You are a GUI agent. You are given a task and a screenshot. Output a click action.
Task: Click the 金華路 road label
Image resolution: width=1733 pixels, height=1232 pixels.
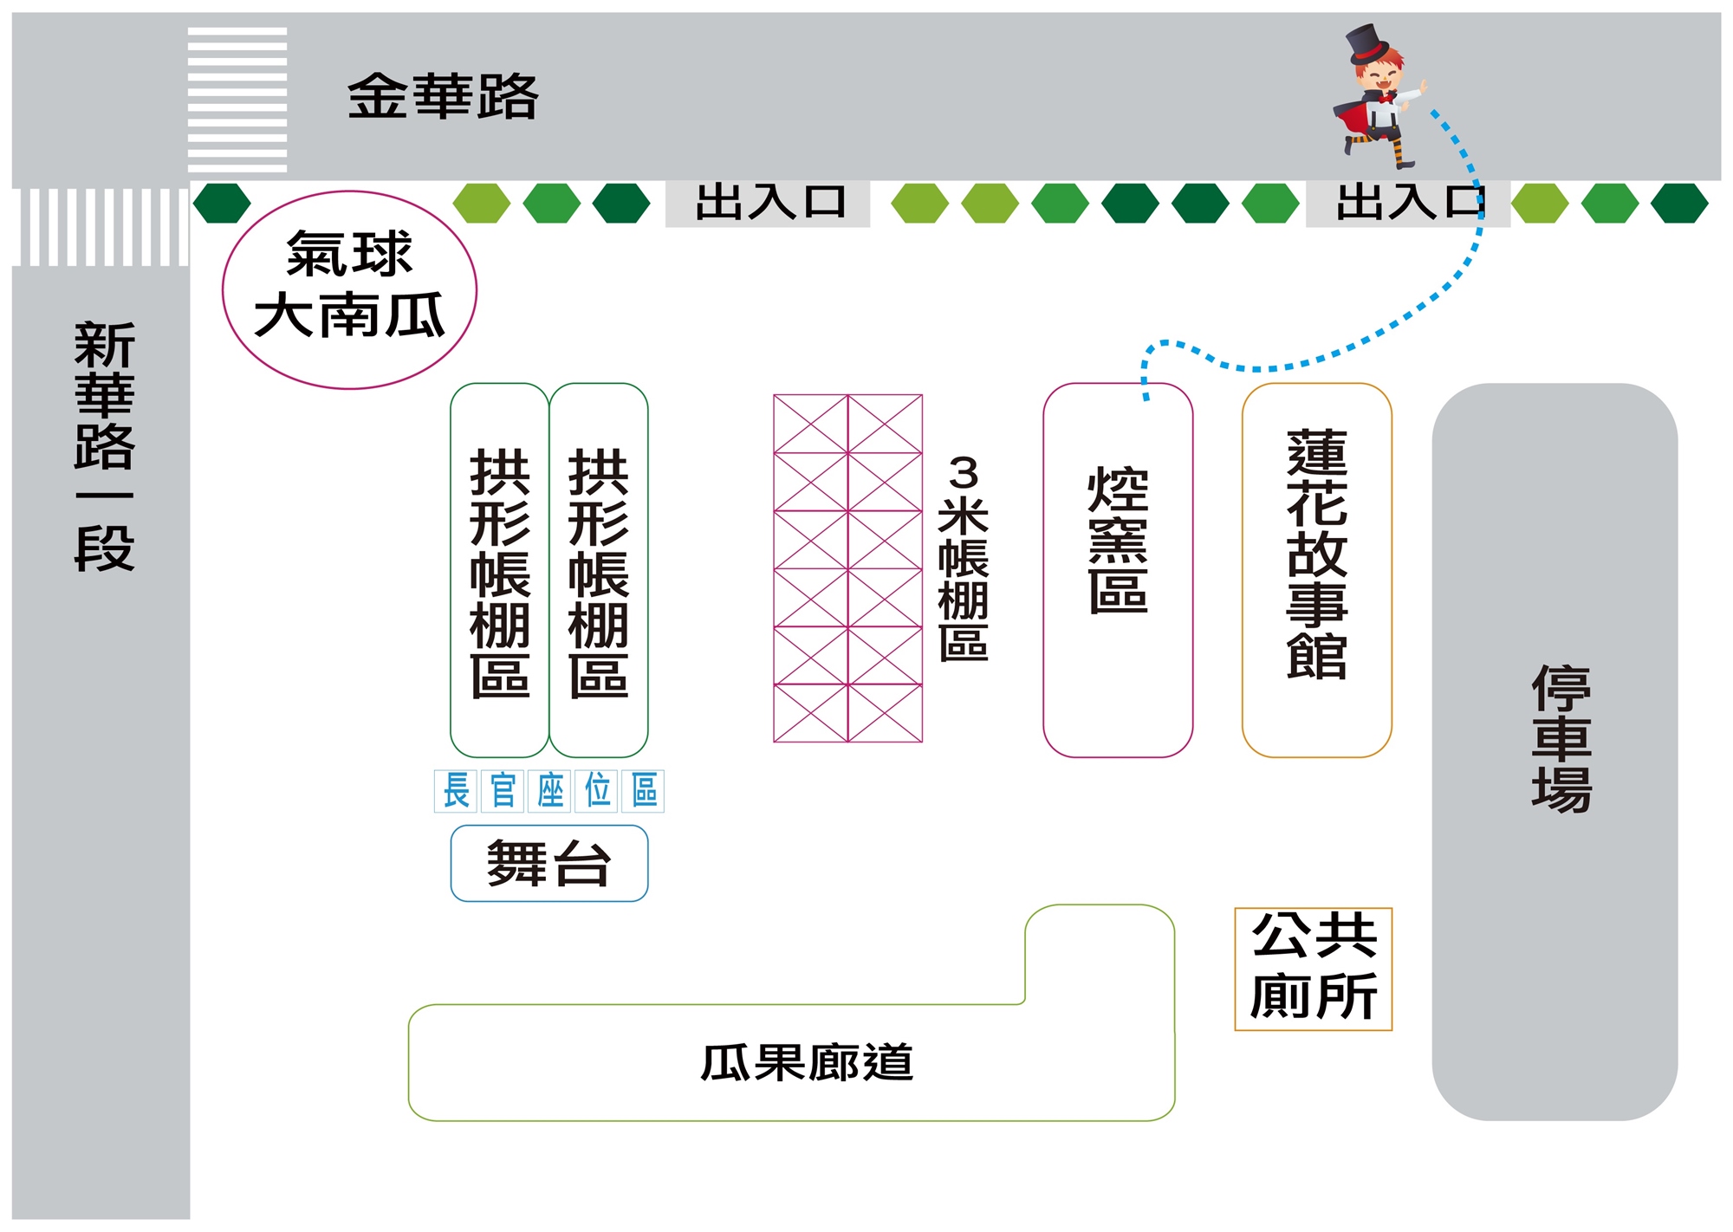pos(443,95)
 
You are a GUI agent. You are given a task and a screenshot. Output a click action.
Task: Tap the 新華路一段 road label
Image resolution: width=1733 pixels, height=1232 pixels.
pos(104,446)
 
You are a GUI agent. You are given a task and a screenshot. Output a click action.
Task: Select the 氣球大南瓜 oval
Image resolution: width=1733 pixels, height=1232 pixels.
pos(349,289)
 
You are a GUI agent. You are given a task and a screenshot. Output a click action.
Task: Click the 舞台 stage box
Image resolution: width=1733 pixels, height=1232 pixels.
pos(548,863)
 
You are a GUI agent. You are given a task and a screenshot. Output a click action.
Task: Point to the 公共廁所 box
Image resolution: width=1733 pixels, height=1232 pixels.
pos(1313,969)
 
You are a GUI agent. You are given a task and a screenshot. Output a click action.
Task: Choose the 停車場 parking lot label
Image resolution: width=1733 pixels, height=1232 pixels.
pos(1561,738)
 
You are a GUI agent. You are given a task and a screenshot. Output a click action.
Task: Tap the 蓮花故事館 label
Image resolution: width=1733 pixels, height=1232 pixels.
pos(1316,554)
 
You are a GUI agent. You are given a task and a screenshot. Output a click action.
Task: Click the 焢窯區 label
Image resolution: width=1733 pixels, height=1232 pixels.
pos(1118,539)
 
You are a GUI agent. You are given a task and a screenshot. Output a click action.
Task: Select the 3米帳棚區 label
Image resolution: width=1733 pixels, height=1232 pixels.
pos(963,559)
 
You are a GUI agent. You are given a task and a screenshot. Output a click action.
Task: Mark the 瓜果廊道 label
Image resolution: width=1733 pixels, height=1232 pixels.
pos(807,1062)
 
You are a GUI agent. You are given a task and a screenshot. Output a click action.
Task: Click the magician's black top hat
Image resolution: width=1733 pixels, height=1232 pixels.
pos(1367,43)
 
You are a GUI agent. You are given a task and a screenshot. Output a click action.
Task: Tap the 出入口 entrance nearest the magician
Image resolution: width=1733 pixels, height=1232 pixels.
pos(1407,203)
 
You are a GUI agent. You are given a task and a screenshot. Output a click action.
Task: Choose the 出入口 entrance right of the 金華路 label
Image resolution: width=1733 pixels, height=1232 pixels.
pos(768,203)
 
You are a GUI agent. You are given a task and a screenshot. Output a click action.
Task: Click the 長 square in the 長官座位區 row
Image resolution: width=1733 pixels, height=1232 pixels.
pos(456,790)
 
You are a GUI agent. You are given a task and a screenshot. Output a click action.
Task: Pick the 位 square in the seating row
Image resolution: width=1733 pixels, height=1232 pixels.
pos(597,790)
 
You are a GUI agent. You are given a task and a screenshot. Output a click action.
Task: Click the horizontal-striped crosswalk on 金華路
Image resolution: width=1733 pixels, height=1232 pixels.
pos(237,99)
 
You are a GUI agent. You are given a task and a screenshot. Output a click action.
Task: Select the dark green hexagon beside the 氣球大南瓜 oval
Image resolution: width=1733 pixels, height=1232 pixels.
pos(222,203)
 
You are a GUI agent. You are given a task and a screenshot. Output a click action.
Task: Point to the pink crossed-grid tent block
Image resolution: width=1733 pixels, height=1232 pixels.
pos(847,568)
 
